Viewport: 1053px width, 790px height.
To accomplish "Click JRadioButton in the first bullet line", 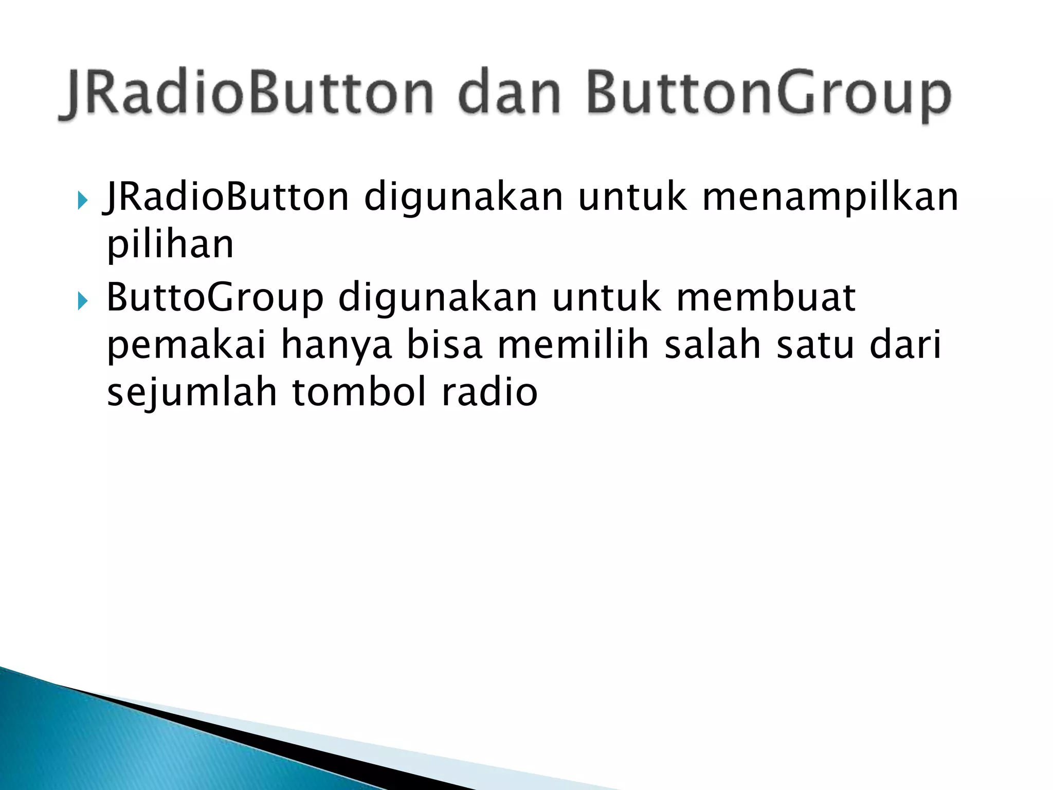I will pyautogui.click(x=226, y=197).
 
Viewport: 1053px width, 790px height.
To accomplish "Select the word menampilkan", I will pyautogui.click(x=830, y=199).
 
